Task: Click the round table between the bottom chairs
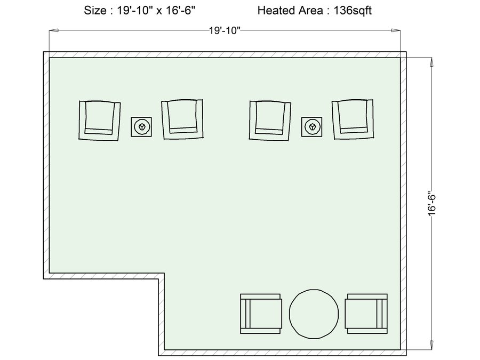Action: click(x=314, y=314)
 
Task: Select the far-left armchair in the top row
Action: click(x=100, y=121)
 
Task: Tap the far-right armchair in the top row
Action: click(x=353, y=119)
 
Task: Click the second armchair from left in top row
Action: click(x=182, y=119)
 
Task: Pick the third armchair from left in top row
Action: click(x=270, y=121)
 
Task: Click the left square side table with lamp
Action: click(x=141, y=127)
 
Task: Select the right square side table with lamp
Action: click(x=311, y=127)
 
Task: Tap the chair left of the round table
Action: click(x=261, y=314)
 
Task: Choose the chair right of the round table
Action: click(x=366, y=314)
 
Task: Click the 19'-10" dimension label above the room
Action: click(x=225, y=30)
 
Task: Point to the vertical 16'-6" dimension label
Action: click(x=431, y=204)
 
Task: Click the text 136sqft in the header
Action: click(x=353, y=11)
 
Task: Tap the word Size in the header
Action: click(x=95, y=11)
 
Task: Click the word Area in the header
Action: click(x=311, y=11)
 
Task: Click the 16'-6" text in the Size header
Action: click(x=180, y=11)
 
